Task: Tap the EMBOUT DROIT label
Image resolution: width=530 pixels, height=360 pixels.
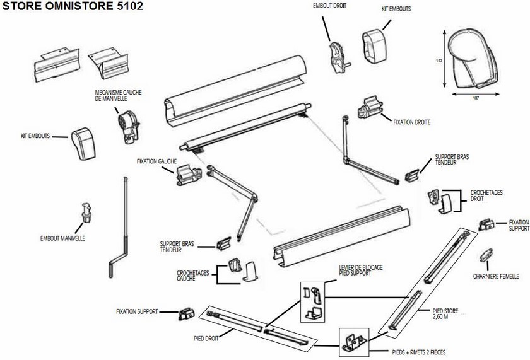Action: pos(329,5)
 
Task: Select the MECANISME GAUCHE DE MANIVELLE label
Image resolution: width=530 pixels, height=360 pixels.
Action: pos(117,95)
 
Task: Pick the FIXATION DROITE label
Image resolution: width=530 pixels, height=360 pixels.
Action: pos(412,122)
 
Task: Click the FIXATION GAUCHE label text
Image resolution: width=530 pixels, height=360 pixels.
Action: pos(155,161)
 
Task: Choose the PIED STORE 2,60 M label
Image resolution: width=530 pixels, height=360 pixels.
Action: pos(445,313)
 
